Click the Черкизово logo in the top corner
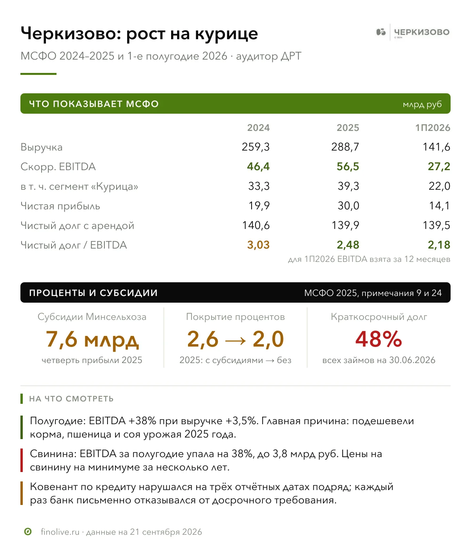coord(413,32)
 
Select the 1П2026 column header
coord(433,128)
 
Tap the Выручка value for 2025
coord(345,147)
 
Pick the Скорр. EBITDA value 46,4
coord(258,166)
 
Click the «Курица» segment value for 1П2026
coord(440,186)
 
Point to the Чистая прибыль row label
coord(60,206)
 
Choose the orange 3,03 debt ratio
coord(258,245)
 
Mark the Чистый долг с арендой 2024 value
coord(256,225)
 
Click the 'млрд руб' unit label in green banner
coord(422,104)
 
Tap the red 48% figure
coord(378,339)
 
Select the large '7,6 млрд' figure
coord(92,340)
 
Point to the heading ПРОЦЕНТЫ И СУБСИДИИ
coord(93,293)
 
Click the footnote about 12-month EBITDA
coord(369,259)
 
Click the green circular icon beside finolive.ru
coord(28,532)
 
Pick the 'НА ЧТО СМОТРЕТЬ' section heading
coord(71,399)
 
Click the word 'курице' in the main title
coord(226,34)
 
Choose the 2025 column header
coord(348,128)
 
